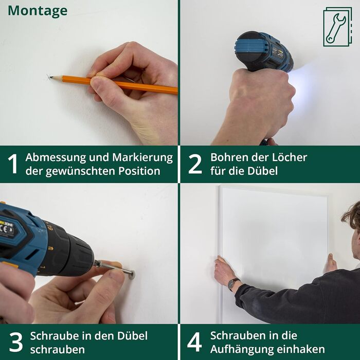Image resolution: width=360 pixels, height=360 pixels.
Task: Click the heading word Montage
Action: (38, 11)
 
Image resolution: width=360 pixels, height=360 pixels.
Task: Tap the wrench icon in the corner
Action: (337, 27)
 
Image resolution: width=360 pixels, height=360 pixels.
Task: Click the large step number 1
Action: (13, 164)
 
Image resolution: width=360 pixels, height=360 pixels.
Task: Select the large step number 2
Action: (195, 164)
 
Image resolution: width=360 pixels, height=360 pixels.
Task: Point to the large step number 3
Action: (16, 342)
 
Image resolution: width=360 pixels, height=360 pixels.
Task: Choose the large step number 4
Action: (195, 342)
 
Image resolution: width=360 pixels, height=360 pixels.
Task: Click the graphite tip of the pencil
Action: (51, 77)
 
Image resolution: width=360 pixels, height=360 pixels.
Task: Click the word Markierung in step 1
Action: (142, 158)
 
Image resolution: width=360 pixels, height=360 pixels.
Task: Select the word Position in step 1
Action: (139, 171)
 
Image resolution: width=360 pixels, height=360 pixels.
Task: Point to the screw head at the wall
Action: (132, 274)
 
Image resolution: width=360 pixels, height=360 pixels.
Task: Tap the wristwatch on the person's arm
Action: (233, 284)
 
